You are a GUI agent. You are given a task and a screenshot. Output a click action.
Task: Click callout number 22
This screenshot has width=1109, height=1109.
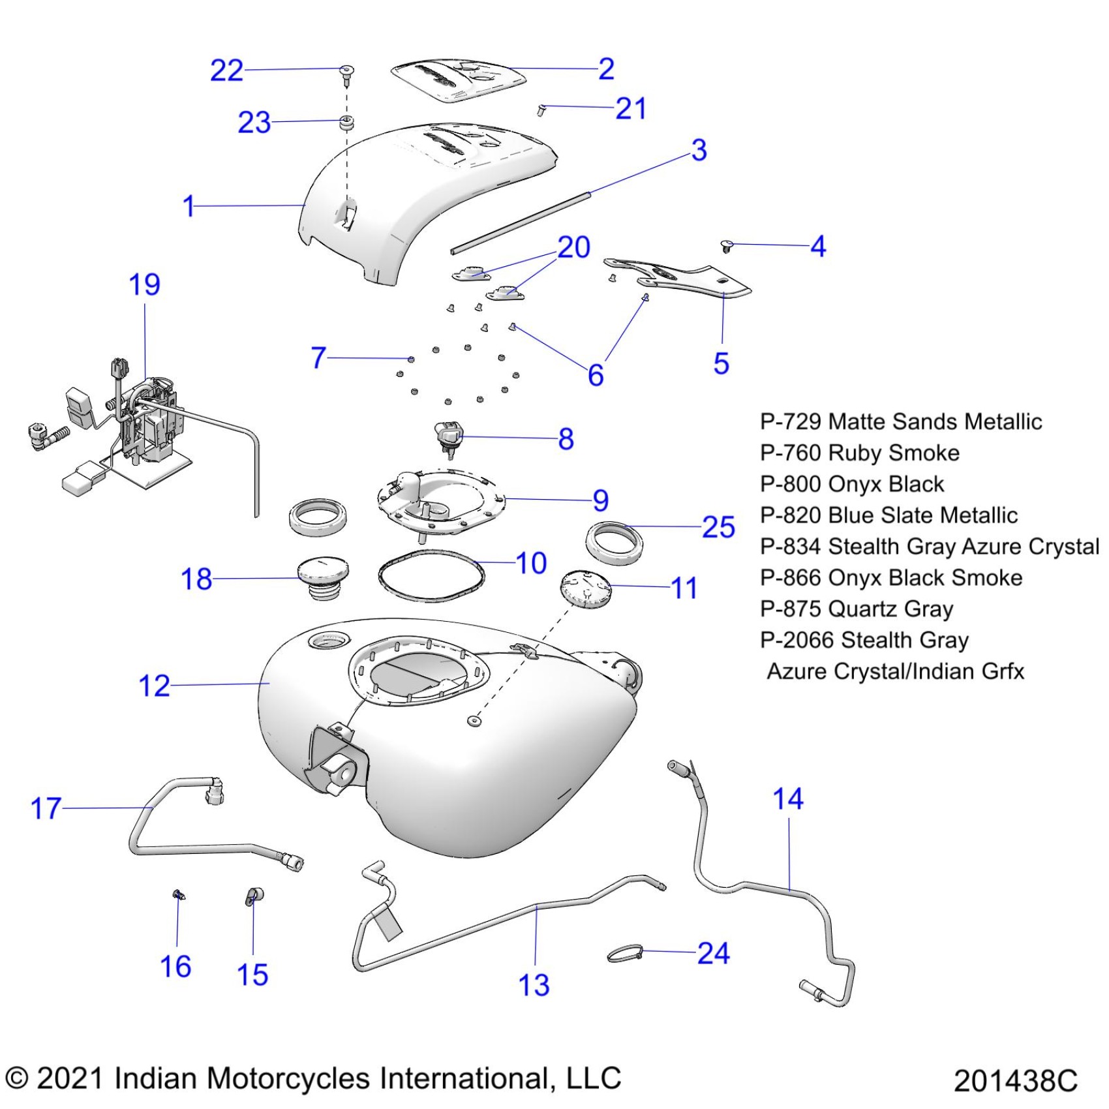coord(226,70)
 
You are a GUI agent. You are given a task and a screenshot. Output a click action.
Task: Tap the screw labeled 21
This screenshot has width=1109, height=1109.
coord(541,110)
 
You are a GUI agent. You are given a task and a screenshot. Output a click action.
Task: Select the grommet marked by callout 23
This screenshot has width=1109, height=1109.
coord(346,122)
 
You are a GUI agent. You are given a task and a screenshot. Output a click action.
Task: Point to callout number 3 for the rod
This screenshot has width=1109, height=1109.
coord(699,150)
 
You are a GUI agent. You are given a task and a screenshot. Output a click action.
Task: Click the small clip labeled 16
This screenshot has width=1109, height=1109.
coord(178,895)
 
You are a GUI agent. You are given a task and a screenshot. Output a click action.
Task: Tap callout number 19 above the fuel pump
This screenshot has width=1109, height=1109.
coord(144,285)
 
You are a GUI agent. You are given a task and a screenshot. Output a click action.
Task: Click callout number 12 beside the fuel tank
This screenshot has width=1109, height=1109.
coord(154,686)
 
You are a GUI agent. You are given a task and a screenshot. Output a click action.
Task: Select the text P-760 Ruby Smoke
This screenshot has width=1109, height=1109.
coord(860,453)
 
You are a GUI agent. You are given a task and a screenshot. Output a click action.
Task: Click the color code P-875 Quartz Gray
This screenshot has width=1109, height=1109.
coord(857,609)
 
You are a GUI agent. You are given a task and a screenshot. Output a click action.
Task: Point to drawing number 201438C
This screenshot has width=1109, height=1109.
coord(1015,1080)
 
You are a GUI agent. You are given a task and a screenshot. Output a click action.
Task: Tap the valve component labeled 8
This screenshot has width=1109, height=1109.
coord(448,436)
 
